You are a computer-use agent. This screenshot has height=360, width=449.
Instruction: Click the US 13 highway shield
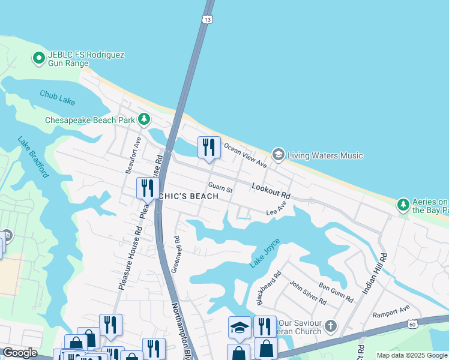coord(207,19)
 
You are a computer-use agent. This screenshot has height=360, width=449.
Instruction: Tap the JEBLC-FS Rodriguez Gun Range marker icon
coord(39,58)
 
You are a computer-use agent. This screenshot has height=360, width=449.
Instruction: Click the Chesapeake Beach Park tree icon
coord(144,119)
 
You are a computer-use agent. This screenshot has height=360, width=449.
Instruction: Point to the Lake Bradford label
coord(33,158)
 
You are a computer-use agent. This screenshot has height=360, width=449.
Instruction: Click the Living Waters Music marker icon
coord(278,155)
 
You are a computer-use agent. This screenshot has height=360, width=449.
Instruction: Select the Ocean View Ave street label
coord(245,155)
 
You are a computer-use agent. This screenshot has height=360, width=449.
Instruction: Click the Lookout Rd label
coord(271,191)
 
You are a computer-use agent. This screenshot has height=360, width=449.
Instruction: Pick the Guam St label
coord(220,188)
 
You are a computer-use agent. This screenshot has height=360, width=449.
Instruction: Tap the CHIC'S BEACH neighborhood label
coord(188,196)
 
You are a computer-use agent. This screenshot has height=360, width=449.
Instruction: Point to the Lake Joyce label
coord(265,253)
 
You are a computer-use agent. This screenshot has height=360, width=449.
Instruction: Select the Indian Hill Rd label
coord(375,273)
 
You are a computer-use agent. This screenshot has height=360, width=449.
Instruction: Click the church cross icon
coord(330,327)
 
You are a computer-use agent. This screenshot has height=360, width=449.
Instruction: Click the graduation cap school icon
coord(239,328)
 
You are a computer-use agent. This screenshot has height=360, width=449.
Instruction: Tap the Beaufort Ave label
coord(133,155)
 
